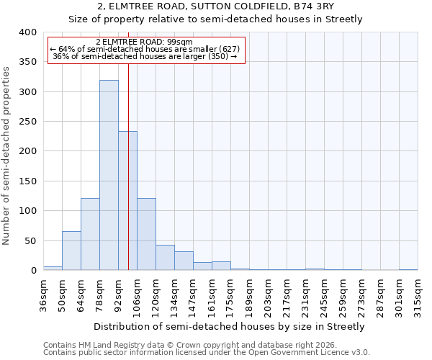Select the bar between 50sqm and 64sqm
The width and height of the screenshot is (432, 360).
coord(71,251)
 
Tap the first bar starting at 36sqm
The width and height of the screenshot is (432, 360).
coord(53,268)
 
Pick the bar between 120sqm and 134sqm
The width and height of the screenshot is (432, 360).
coord(165,258)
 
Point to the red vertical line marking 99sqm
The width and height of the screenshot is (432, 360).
coord(128,180)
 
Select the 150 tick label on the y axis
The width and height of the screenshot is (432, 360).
coord(27,181)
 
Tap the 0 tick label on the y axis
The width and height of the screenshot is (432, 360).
coord(33,271)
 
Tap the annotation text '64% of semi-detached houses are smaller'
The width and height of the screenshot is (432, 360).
coord(146,49)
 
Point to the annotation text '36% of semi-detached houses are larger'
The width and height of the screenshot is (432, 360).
coord(146,56)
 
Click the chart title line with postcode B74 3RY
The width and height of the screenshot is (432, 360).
coord(215,7)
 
